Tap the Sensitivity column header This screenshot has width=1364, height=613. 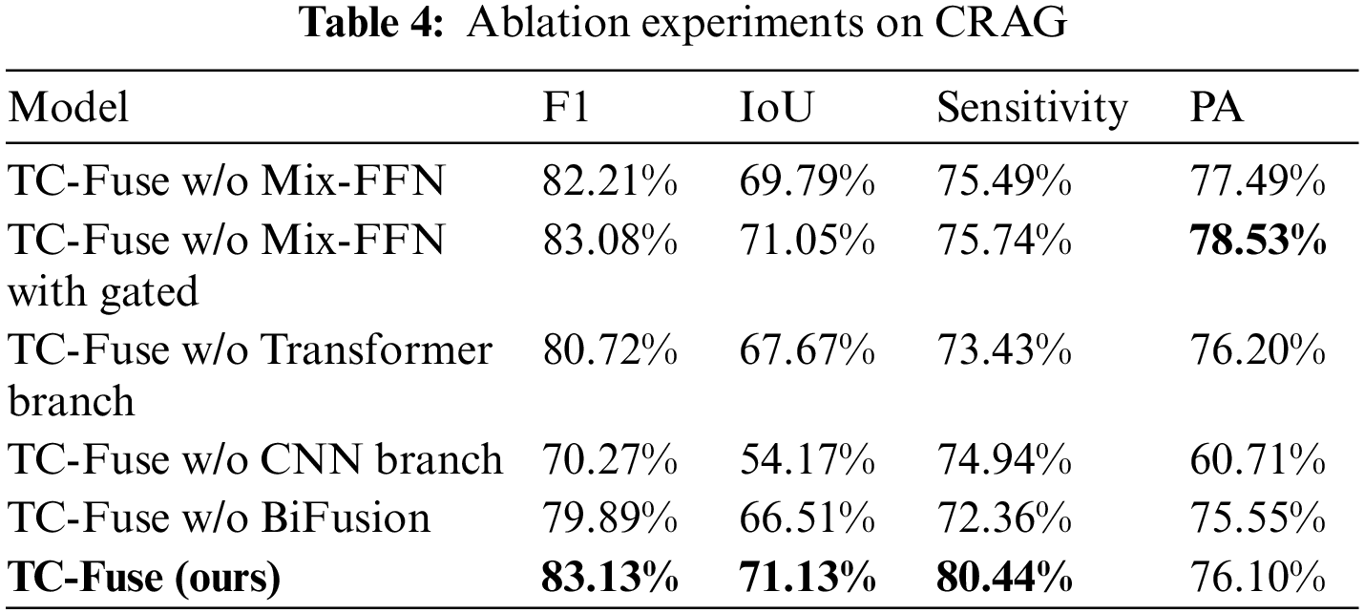[x=1031, y=109]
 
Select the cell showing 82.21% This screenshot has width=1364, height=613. [x=610, y=180]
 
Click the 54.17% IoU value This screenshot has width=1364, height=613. [x=808, y=459]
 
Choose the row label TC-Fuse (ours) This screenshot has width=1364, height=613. [x=144, y=578]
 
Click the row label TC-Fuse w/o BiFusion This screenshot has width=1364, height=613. [x=219, y=518]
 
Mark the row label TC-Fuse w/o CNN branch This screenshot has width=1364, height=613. [x=255, y=459]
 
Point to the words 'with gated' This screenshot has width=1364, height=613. [x=103, y=291]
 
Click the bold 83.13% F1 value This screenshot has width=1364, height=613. [x=610, y=578]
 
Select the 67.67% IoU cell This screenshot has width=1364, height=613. [x=808, y=350]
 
